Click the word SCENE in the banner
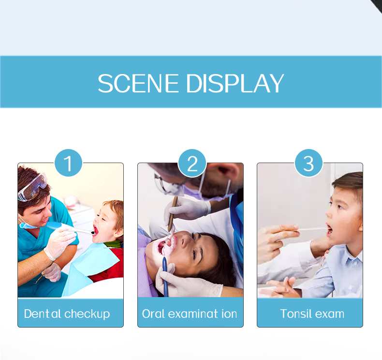(138, 83)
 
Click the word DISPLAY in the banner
(235, 83)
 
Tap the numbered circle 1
(69, 163)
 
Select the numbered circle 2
(192, 163)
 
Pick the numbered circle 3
(309, 163)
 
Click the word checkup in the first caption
(87, 314)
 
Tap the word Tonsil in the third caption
(296, 314)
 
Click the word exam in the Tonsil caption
(330, 314)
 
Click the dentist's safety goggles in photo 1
(33, 187)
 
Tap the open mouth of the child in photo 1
(95, 231)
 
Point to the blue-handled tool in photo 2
(165, 275)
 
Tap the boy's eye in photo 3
(339, 207)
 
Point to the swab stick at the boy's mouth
(312, 229)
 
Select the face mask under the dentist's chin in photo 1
(27, 224)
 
